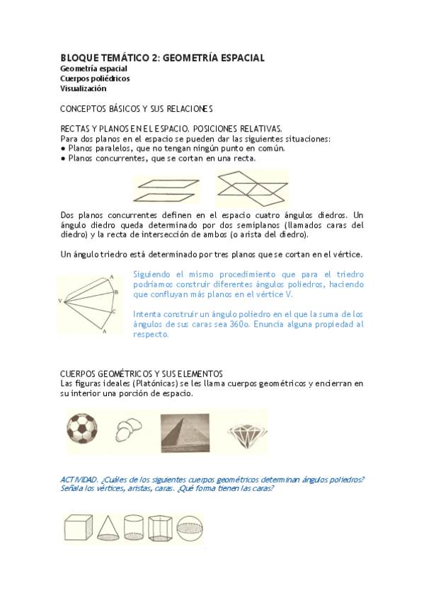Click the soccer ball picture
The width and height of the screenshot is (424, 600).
coord(84,431)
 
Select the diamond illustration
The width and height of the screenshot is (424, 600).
coord(247,432)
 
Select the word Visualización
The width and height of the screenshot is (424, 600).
coord(83,88)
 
